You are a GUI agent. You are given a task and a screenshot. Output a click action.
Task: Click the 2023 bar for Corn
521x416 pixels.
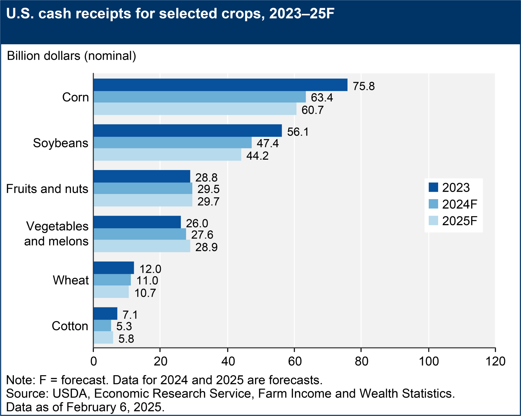pos(220,85)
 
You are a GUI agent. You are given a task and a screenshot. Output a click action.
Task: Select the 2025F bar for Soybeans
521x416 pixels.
pos(167,155)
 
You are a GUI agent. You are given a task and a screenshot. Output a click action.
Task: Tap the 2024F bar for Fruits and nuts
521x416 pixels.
pos(143,188)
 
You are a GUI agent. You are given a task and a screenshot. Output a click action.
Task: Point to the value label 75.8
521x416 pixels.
pos(364,87)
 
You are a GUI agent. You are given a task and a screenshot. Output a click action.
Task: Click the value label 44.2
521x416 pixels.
pos(257,156)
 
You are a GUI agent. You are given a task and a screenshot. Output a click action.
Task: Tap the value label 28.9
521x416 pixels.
pos(206,248)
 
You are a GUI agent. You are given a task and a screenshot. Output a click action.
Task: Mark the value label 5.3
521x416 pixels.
pos(124,326)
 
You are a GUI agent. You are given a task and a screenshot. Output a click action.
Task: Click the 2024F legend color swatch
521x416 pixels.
pos(433,204)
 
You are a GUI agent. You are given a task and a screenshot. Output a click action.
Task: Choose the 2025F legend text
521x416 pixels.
pos(460,221)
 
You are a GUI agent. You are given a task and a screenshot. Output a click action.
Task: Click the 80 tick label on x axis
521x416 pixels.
pos(361,361)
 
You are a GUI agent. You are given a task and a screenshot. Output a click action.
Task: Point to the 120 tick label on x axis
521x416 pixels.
pos(495,361)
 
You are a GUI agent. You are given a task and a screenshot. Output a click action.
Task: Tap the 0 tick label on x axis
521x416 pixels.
pos(94,361)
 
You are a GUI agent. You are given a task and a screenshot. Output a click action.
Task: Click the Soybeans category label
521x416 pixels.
pos(61,143)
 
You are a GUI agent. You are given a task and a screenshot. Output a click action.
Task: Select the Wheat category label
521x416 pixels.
pos(71,280)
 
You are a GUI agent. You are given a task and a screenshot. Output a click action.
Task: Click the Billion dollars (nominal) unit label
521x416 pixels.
pos(72,56)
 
